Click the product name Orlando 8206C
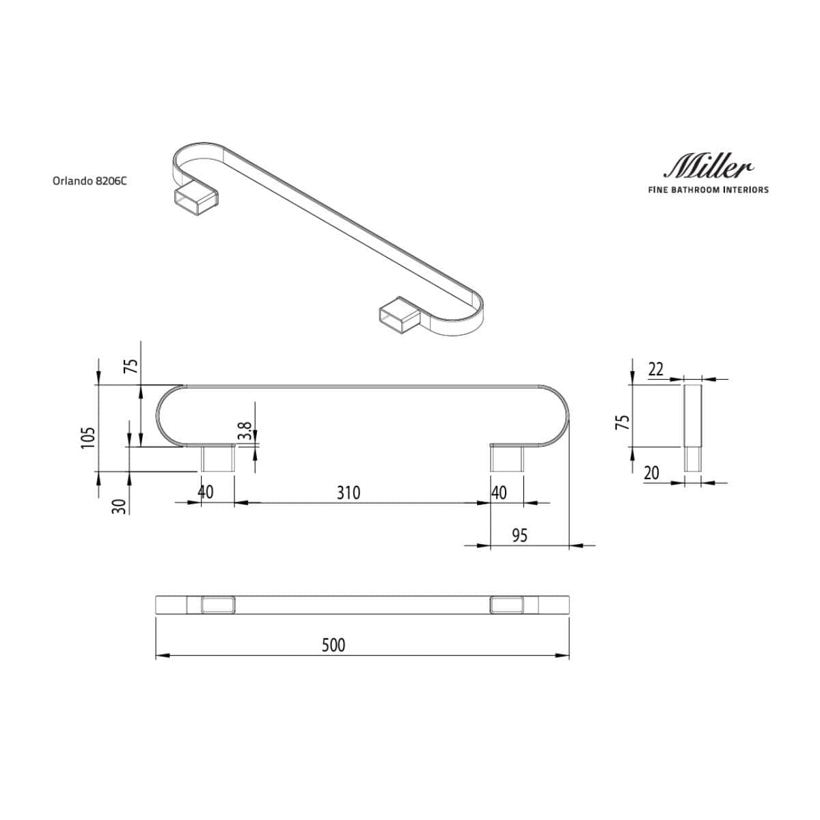coord(90,181)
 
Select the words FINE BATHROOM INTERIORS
coord(708,189)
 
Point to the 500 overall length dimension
coord(333,644)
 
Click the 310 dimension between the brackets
coord(348,493)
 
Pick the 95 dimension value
coord(519,534)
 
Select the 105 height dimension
coord(87,437)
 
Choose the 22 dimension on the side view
coord(655,369)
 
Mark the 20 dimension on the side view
coord(652,472)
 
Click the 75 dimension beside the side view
coord(622,421)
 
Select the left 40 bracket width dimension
coord(205,493)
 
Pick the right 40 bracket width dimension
coord(500,493)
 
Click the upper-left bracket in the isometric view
coord(193,200)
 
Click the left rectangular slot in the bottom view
coord(218,605)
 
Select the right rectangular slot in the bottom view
coord(506,605)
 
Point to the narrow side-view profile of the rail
coord(692,427)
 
